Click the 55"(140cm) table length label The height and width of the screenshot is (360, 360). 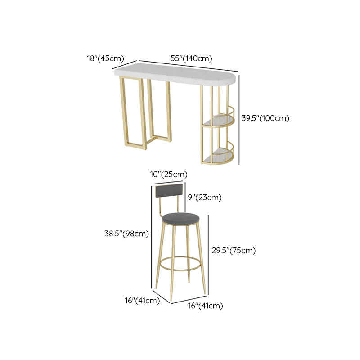click(x=191, y=58)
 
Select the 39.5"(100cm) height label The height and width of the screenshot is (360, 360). click(x=265, y=118)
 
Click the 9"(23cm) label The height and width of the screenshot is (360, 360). click(x=205, y=197)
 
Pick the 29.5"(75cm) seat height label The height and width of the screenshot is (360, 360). click(x=234, y=250)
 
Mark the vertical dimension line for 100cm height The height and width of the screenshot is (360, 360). click(x=239, y=119)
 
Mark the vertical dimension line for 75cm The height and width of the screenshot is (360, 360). click(x=208, y=254)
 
